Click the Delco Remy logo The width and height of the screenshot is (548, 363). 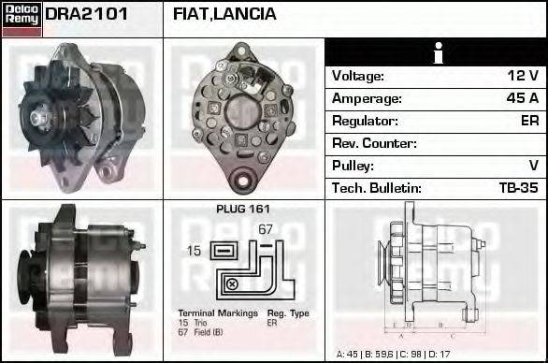point(22,18)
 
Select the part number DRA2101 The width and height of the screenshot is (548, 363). point(86,15)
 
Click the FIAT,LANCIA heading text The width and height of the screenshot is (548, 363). point(224,15)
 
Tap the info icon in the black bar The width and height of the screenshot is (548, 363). point(436,52)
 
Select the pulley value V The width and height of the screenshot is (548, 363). point(533,166)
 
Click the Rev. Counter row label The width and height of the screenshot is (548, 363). point(374,143)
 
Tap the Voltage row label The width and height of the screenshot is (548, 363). point(357,76)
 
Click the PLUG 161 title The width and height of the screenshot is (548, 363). point(243,210)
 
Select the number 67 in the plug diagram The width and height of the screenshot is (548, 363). point(265,230)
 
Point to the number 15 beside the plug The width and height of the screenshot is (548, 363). point(193,251)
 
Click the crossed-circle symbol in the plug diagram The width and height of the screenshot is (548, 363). point(231,283)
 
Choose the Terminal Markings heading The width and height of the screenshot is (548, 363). point(214,313)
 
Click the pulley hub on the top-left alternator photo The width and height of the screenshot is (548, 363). point(41,117)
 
